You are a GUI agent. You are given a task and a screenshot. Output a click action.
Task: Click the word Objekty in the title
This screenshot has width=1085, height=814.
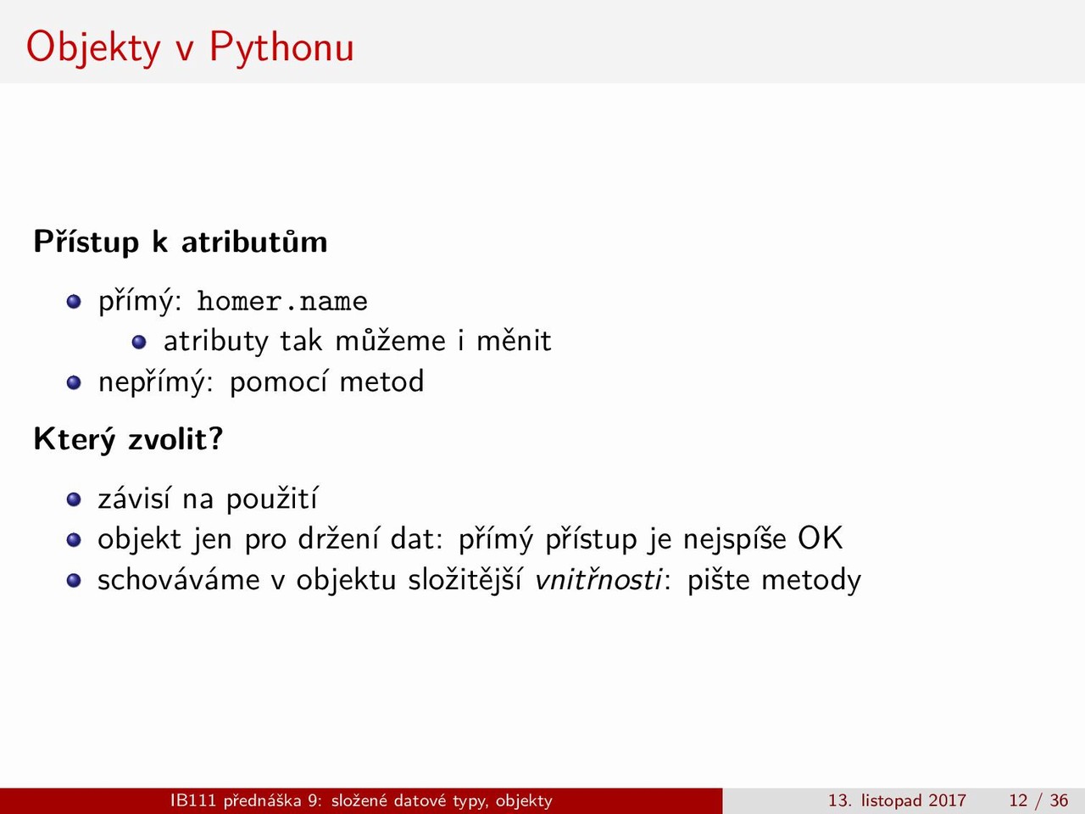[93, 48]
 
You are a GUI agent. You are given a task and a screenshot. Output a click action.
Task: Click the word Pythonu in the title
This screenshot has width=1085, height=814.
[281, 48]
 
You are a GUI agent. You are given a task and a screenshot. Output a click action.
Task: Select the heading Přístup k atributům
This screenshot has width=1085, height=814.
[181, 242]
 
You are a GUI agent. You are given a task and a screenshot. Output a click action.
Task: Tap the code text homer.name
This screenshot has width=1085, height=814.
[282, 301]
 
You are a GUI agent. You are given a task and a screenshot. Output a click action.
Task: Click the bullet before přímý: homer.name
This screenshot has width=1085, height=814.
[74, 302]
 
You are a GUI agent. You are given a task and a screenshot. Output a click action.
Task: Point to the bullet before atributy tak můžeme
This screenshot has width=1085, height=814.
[139, 342]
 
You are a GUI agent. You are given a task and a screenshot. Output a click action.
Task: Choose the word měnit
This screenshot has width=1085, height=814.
[514, 340]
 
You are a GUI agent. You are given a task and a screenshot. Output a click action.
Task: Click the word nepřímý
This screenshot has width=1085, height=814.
[156, 382]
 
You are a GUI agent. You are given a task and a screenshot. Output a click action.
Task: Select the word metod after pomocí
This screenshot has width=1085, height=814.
[381, 382]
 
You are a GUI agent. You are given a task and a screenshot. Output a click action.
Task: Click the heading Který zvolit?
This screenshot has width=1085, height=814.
[129, 439]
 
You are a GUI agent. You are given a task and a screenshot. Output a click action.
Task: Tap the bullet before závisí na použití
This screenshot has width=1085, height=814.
[74, 499]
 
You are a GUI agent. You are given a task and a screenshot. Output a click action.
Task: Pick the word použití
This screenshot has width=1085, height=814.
[272, 499]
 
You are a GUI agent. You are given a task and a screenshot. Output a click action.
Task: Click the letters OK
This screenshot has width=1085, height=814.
[821, 538]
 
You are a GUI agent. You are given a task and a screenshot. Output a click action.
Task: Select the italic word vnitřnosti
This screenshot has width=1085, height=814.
[598, 579]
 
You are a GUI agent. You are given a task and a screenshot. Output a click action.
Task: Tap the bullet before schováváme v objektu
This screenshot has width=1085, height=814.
[74, 581]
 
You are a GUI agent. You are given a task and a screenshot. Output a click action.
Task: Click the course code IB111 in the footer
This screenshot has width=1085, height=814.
[192, 800]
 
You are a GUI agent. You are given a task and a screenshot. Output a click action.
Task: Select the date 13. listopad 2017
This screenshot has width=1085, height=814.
[897, 800]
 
